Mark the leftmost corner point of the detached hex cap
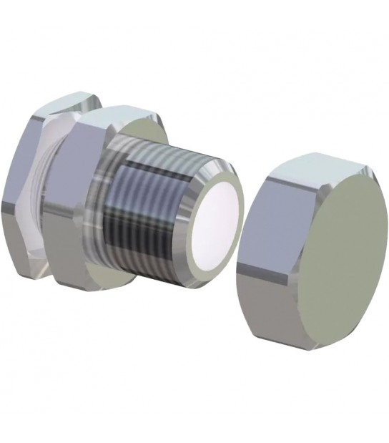click(238, 269)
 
